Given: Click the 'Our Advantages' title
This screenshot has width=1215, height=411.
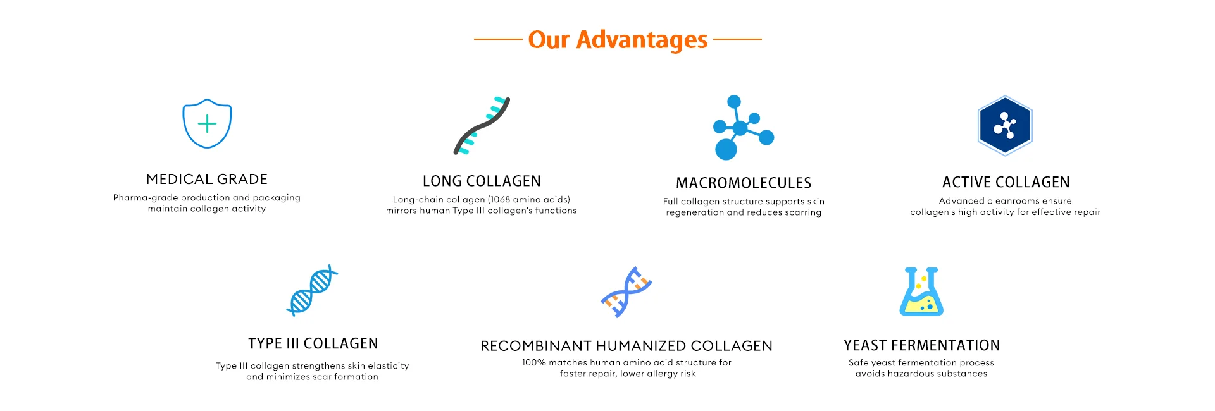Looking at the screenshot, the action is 618,39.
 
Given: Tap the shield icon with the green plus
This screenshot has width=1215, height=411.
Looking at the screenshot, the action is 207,124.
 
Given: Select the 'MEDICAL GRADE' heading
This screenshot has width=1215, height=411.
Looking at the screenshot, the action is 207,179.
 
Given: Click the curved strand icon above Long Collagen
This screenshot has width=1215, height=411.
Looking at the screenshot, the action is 482,126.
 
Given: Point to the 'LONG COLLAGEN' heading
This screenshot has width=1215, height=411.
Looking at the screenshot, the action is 482,181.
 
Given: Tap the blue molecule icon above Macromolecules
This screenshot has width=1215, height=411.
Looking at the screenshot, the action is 742,127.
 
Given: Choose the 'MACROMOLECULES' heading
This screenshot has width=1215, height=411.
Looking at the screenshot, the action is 744,183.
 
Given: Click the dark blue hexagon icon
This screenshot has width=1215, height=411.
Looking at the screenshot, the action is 1005,125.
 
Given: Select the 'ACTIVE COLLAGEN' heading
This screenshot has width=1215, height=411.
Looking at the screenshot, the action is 1006,183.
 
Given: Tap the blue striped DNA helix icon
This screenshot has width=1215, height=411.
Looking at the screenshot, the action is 312,290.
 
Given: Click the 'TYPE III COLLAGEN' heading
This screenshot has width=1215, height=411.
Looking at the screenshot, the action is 313,343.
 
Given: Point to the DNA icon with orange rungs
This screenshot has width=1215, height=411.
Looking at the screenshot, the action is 626,291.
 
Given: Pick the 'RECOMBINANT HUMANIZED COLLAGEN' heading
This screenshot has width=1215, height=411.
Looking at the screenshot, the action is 626,346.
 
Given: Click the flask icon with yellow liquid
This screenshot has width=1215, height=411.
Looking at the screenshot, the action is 921,291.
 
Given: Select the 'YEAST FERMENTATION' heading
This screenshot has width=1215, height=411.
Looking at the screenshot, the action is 922,345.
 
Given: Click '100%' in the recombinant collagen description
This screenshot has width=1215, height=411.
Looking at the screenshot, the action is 533,362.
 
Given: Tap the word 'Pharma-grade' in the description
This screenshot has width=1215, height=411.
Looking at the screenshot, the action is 146,198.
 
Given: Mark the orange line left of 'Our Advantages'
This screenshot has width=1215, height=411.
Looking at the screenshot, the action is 498,39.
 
